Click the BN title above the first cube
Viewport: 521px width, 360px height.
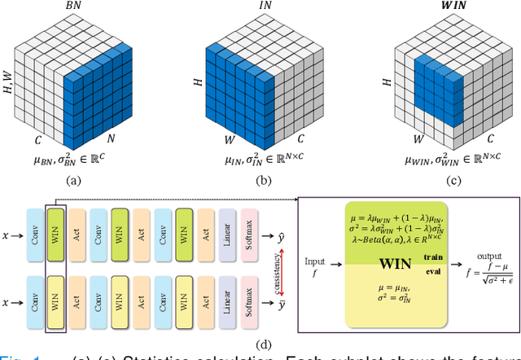coord(74,6)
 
